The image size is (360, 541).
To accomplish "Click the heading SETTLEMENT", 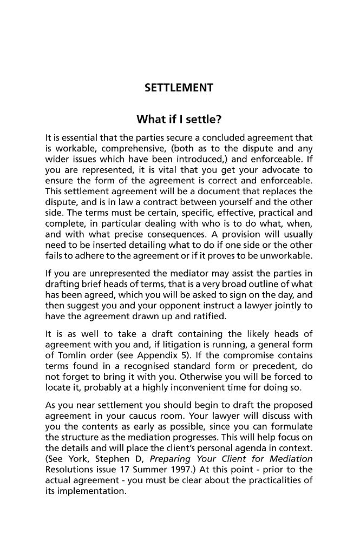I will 179,88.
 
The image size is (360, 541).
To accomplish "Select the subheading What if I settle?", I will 179,119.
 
